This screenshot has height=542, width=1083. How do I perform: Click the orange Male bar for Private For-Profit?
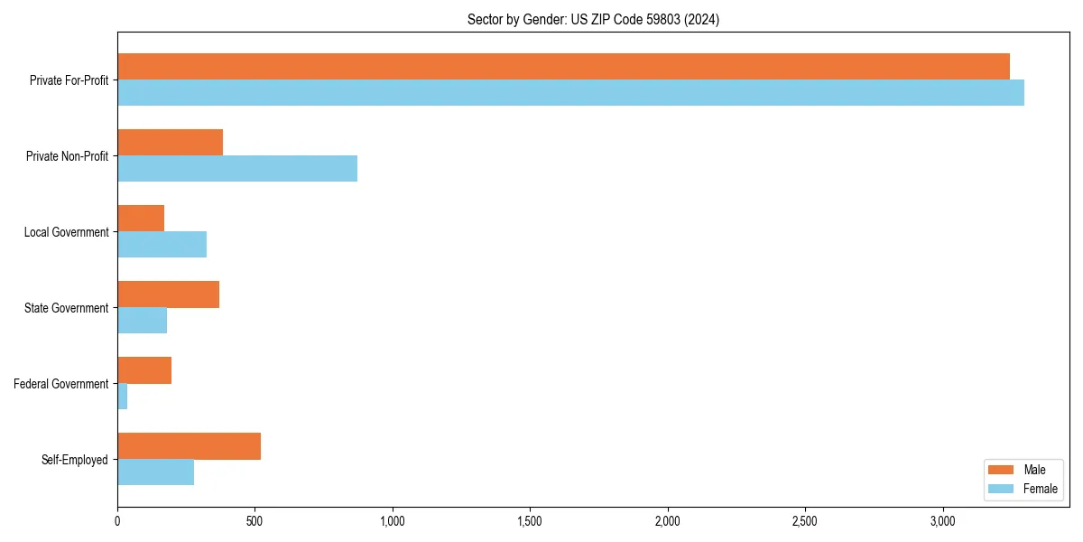[563, 67]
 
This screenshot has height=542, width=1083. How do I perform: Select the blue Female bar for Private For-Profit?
[570, 93]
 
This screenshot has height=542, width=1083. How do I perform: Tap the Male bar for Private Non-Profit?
[170, 143]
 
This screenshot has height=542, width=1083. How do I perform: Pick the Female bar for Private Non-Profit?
[237, 169]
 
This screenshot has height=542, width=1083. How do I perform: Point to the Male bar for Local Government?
[141, 219]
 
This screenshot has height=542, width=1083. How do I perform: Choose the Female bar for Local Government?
[162, 245]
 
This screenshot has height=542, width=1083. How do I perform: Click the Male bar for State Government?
[168, 294]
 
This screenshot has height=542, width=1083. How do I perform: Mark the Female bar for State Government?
[142, 321]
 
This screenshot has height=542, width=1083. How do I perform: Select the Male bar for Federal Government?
[144, 370]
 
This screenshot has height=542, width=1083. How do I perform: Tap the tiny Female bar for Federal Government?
[123, 397]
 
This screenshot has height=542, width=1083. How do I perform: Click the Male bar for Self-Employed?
[189, 446]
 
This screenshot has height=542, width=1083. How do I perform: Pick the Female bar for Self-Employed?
[155, 472]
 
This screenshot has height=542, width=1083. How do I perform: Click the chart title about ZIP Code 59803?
[593, 19]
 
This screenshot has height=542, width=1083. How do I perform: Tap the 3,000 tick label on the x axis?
[942, 521]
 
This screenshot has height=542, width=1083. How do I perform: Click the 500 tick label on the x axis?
[255, 521]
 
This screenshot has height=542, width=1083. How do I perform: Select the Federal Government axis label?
[61, 384]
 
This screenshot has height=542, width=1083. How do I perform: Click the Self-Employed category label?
[75, 460]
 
